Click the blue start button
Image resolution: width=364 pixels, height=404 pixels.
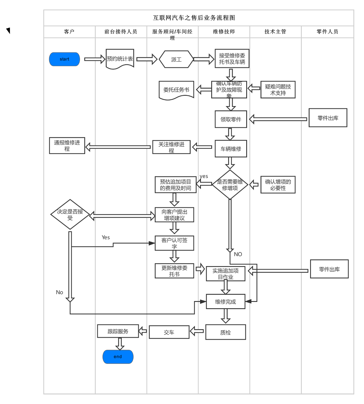coord(64,59)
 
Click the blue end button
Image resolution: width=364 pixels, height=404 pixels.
coord(118,357)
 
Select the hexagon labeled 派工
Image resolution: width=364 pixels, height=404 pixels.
coord(176,59)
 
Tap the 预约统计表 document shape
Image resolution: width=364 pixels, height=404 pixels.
coord(120,58)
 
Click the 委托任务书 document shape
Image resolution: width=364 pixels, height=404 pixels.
coord(176,90)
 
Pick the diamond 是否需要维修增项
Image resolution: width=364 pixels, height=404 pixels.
coord(230,185)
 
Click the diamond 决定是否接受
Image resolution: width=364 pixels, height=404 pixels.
coord(70,214)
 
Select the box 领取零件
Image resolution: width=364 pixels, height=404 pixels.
coord(231,119)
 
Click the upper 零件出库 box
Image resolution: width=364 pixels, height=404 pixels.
coord(328,118)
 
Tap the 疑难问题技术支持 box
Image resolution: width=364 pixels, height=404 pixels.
coord(278,90)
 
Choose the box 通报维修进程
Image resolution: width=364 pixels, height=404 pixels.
coord(67,146)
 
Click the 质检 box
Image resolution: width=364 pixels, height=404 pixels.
coord(226,332)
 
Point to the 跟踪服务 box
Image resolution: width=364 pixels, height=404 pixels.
coord(118,331)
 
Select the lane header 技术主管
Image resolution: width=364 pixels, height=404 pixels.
coord(275,32)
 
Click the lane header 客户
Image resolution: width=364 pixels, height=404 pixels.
coord(69,32)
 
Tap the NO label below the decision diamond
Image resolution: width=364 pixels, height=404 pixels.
coord(238,254)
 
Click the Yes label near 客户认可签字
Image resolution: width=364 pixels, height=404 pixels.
coord(106,237)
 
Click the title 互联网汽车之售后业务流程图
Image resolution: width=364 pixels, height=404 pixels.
coord(194,18)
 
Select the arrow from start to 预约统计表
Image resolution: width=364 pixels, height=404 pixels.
coord(95,59)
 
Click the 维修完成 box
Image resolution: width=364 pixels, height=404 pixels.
coord(226,302)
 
